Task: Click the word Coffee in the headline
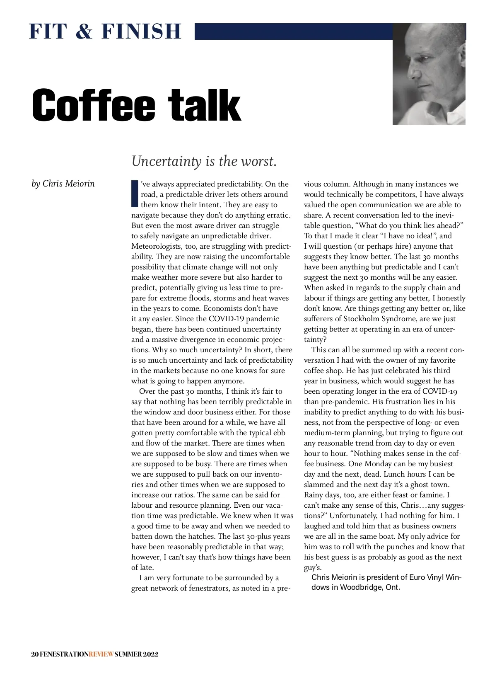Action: pos(94,105)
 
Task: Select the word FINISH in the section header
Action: pos(142,31)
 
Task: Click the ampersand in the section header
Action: pos(84,31)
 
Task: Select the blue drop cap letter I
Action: pos(134,193)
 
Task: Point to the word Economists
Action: pos(223,308)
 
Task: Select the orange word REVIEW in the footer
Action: pos(101,654)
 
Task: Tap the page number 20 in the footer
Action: pos(35,654)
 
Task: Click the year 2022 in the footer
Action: pos(151,654)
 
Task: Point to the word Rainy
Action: pos(314,495)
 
